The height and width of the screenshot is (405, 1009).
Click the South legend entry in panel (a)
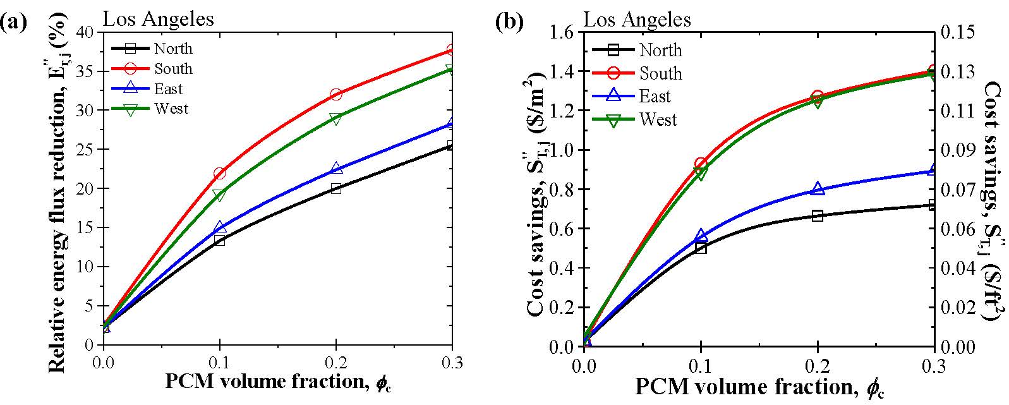(x=172, y=69)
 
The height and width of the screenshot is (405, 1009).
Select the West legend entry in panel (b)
(x=658, y=120)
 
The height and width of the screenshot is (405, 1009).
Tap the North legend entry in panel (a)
(x=172, y=49)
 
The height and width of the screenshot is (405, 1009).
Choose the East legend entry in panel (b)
(x=655, y=97)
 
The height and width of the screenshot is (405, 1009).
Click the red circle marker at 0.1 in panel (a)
(x=219, y=173)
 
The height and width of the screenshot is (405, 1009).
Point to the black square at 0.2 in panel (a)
(x=335, y=188)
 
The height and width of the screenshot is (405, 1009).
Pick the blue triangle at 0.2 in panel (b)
(x=818, y=189)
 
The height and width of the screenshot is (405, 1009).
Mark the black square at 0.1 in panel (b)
(x=701, y=248)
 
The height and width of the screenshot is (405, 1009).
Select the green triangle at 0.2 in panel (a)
(x=335, y=119)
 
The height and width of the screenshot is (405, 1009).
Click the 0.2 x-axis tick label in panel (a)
(x=335, y=362)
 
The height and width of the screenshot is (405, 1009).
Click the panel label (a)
(x=15, y=23)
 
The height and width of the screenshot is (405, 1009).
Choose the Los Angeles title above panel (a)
(x=159, y=19)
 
